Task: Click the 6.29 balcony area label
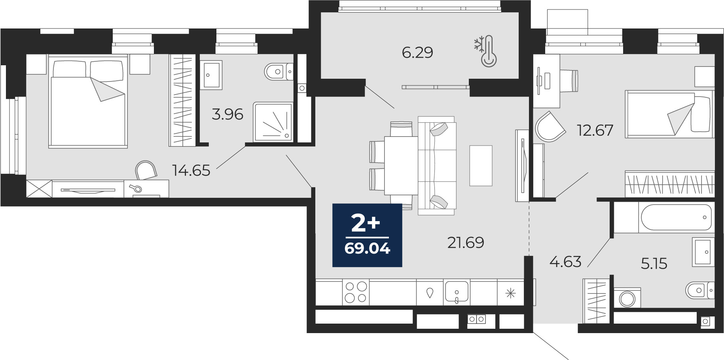(417, 53)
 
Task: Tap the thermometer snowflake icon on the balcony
(486, 51)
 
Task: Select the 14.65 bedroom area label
(191, 171)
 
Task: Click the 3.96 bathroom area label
(227, 114)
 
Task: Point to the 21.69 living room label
(466, 243)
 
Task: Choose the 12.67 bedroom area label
(595, 130)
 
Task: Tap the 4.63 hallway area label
(565, 261)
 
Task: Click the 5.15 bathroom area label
(654, 263)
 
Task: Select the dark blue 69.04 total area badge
(367, 235)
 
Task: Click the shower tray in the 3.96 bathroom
(273, 122)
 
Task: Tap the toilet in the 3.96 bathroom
(279, 72)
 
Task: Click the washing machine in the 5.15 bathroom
(627, 298)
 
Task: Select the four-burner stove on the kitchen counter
(356, 292)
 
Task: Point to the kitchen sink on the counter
(457, 292)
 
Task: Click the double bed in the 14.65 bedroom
(88, 102)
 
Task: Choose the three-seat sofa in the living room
(437, 166)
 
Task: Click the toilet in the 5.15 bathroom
(699, 290)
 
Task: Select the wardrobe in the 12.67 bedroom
(670, 184)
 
